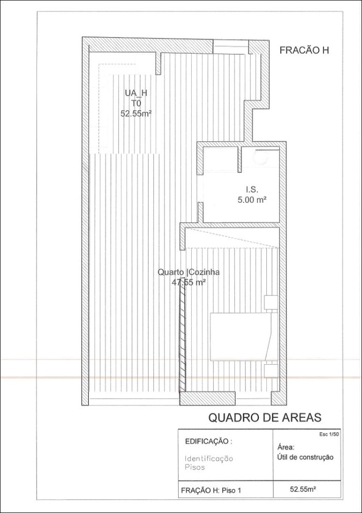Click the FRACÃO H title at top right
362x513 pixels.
[304, 51]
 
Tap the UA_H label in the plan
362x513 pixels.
[136, 93]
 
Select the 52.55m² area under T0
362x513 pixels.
[136, 114]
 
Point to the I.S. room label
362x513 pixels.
[252, 189]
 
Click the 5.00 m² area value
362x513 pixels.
[251, 199]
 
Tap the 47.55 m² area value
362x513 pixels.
[189, 283]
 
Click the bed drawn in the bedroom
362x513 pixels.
[243, 336]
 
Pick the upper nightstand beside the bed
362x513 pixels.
[271, 302]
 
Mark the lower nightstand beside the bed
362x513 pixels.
[271, 371]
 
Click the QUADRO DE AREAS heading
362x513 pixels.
[265, 417]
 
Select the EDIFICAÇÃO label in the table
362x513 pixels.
[209, 441]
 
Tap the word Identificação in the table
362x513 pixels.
[209, 459]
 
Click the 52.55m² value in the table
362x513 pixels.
[303, 489]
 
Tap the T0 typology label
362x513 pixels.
[136, 103]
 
